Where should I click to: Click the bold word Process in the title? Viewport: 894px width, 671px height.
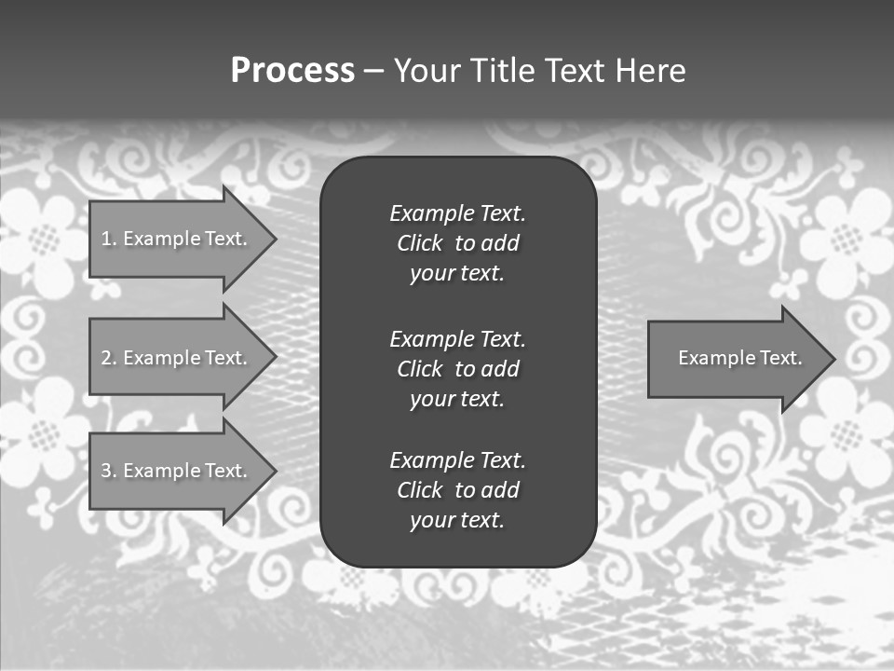tap(292, 71)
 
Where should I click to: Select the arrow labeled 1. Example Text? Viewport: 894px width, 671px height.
tap(177, 239)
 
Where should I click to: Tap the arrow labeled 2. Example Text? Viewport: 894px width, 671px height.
tap(177, 358)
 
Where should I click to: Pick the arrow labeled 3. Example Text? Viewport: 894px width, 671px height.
tap(177, 471)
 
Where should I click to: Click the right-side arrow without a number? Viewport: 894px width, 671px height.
tap(736, 358)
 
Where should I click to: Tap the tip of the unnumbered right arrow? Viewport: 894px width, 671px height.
tap(833, 358)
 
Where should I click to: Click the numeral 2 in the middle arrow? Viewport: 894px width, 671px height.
tap(105, 358)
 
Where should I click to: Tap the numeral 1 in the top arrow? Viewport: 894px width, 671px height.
tap(105, 239)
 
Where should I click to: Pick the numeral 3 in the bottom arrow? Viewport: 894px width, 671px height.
tap(105, 471)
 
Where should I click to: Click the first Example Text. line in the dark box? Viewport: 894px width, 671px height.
tap(457, 213)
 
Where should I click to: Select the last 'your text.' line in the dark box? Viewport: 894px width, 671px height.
tap(457, 520)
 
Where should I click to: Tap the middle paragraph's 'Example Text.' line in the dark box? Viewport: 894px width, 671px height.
tap(457, 338)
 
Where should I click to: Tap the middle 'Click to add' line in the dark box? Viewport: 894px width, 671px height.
tap(457, 369)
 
